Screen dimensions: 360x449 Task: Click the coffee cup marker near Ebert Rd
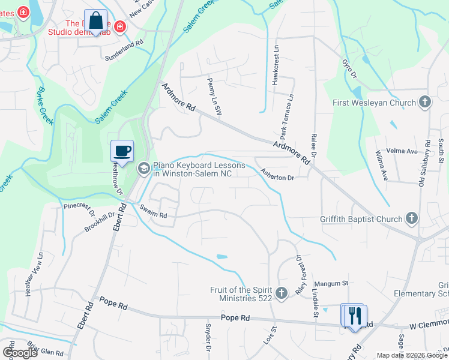click(x=122, y=151)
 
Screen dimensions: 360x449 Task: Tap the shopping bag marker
click(x=96, y=21)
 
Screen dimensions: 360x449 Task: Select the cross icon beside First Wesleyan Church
click(x=425, y=102)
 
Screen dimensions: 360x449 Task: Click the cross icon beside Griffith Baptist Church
click(x=412, y=218)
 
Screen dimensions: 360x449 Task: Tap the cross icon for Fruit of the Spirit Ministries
click(x=282, y=294)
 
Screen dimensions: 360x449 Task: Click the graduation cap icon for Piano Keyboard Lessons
click(x=143, y=169)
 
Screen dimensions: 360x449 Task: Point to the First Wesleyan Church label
click(x=375, y=103)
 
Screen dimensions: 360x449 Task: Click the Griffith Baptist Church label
click(x=361, y=219)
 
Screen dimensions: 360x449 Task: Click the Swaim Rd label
click(x=154, y=211)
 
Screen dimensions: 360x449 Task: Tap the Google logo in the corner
click(x=20, y=353)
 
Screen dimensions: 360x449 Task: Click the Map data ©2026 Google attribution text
click(x=412, y=355)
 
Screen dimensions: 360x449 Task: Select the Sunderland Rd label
click(x=123, y=43)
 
